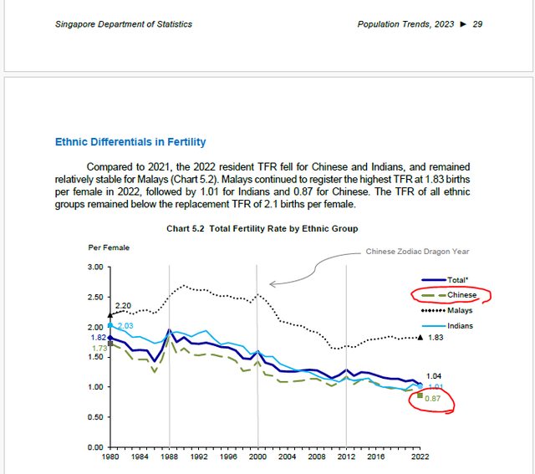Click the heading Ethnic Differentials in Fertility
click(x=130, y=142)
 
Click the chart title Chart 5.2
click(x=262, y=228)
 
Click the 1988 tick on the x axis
click(x=169, y=457)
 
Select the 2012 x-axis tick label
click(x=346, y=457)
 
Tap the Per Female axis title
click(x=109, y=247)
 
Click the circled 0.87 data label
click(x=433, y=399)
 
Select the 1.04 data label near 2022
click(x=435, y=376)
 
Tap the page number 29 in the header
click(x=477, y=24)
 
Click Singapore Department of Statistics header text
click(x=124, y=24)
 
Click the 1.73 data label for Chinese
click(x=99, y=348)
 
